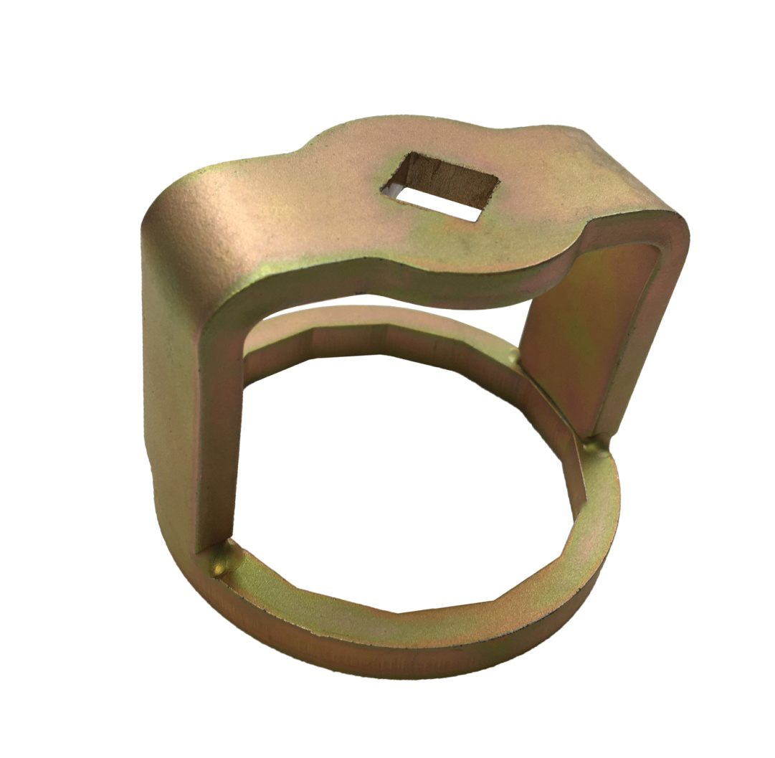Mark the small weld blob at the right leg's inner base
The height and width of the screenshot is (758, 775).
tap(513, 356)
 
